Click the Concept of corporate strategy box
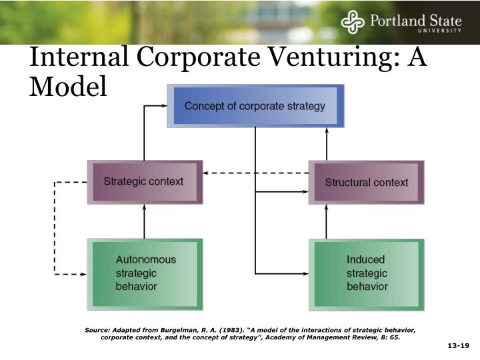tap(255, 106)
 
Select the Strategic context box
tap(144, 181)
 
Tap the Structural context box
tap(366, 182)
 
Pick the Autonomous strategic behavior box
tap(145, 273)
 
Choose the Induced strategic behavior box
tap(366, 273)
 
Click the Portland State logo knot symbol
tap(353, 22)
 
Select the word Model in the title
tap(67, 87)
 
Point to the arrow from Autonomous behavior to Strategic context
tap(144, 221)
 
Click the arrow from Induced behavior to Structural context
tap(327, 221)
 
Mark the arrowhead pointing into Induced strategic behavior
tap(305, 273)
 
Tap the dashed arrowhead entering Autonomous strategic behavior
tap(83, 273)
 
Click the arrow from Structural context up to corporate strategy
tap(327, 143)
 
